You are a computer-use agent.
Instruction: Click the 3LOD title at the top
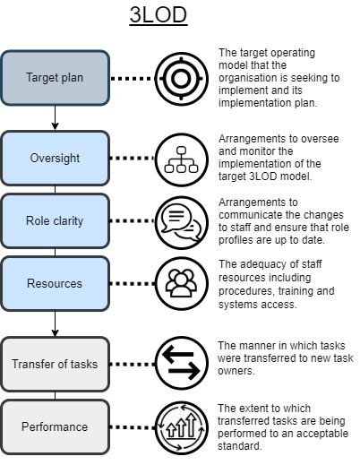[159, 15]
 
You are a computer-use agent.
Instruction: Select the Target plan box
[55, 78]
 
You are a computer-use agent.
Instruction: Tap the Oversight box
[55, 158]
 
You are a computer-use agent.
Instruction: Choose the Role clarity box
[55, 221]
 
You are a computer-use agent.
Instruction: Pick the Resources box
[55, 283]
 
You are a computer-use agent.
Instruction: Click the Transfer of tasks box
[55, 364]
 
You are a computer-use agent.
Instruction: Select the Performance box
[55, 426]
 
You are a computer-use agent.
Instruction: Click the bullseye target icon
[182, 79]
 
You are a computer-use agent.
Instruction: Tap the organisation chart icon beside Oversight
[182, 159]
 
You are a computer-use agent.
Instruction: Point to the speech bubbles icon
[182, 222]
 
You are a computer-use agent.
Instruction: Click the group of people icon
[182, 284]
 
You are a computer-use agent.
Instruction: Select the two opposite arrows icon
[182, 363]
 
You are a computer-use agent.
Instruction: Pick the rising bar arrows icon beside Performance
[182, 427]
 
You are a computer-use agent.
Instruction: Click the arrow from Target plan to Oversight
[55, 118]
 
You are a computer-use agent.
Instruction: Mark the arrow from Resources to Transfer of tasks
[55, 324]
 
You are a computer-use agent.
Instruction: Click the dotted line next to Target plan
[133, 79]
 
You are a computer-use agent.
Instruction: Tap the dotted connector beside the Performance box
[133, 427]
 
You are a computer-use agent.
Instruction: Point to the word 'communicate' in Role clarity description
[248, 215]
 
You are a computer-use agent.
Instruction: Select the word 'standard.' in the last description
[239, 446]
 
